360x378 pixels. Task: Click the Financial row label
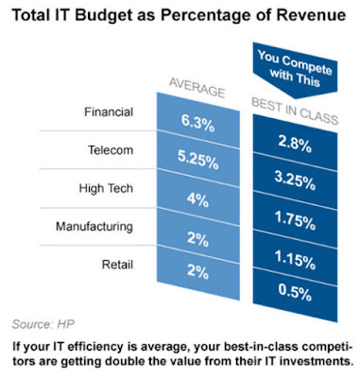point(109,112)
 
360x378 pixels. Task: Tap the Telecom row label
point(111,150)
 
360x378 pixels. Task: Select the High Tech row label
point(106,188)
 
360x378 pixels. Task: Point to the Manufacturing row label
point(94,227)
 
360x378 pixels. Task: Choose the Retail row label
point(117,265)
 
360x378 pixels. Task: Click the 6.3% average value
point(197,123)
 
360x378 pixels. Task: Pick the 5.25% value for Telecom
point(197,161)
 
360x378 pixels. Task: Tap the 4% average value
point(197,200)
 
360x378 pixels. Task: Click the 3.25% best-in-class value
point(295,181)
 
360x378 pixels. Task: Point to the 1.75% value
point(295,220)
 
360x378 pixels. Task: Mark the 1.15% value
point(295,260)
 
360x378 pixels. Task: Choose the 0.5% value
point(295,292)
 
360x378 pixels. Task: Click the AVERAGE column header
point(197,87)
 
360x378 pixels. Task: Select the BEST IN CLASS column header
point(295,111)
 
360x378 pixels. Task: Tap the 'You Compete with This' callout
point(295,69)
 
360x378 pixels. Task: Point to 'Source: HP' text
point(43,324)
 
